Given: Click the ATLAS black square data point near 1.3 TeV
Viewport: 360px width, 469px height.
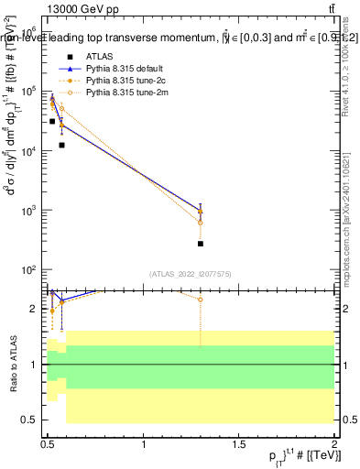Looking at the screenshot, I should click(201, 244).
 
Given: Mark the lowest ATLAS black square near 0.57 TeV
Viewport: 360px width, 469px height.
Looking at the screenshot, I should click(61, 145).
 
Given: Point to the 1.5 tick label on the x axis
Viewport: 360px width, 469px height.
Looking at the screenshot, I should click(239, 444).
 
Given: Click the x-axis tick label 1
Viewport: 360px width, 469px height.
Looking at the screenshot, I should click(144, 444).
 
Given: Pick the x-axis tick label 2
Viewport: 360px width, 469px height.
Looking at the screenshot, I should click(334, 444).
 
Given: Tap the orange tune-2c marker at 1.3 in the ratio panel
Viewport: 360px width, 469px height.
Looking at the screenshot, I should click(201, 300).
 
